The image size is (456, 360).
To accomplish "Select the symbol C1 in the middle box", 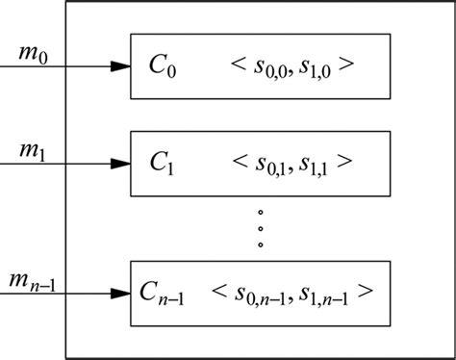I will (162, 163).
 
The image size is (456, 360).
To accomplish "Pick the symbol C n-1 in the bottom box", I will (164, 291).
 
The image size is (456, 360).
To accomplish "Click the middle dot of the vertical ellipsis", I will (260, 227).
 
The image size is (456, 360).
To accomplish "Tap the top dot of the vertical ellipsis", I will (260, 211).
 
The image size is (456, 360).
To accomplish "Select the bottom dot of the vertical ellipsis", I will (260, 244).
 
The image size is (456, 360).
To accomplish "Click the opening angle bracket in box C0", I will (239, 66).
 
